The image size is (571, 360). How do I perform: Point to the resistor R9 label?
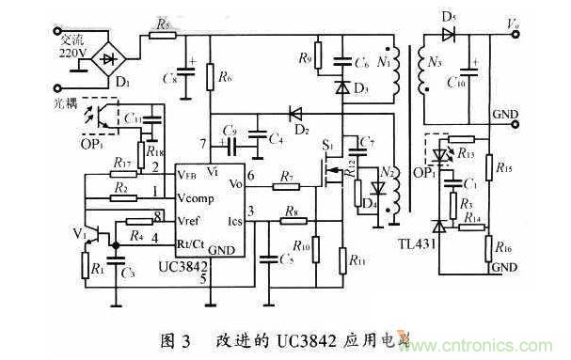(304, 58)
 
